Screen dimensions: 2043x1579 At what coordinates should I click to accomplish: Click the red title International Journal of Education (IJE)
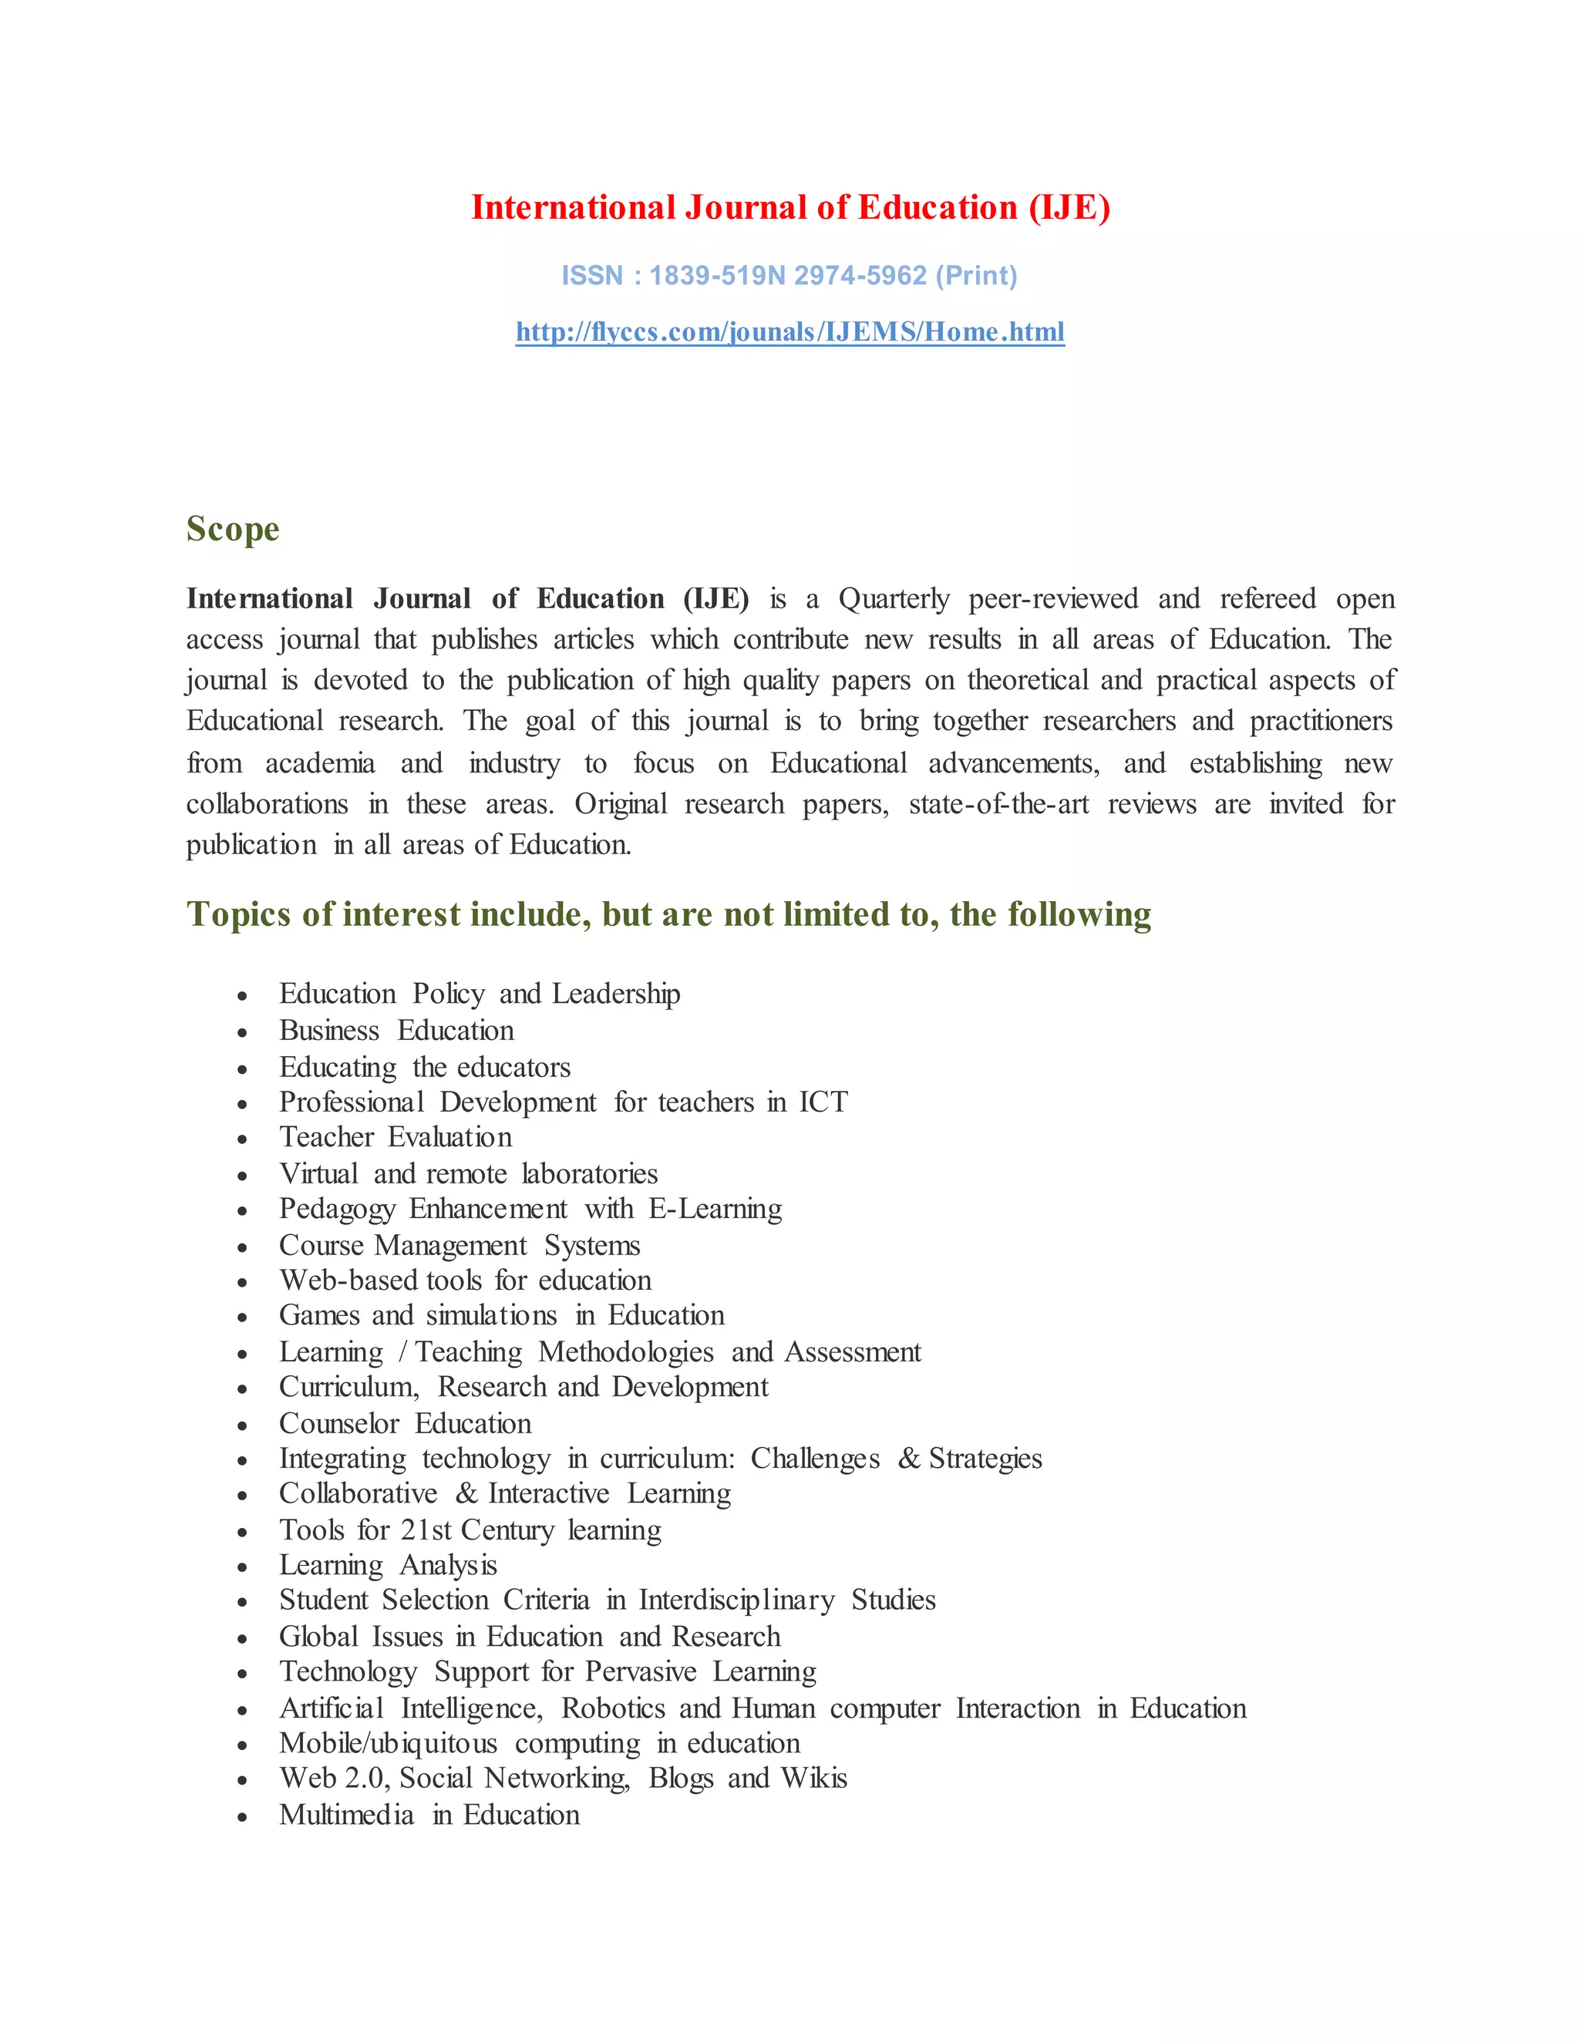coord(789,207)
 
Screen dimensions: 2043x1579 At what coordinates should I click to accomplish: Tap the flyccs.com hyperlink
coord(789,332)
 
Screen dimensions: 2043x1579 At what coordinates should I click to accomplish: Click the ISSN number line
coord(789,276)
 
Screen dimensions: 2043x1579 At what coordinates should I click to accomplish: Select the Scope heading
coord(232,529)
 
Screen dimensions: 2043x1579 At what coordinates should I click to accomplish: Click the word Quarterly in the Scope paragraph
coord(894,599)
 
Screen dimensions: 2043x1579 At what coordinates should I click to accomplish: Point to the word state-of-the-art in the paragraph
coord(998,804)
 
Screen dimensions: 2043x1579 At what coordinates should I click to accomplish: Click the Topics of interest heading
coord(668,914)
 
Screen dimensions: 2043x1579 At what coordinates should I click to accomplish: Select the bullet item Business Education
coord(396,1031)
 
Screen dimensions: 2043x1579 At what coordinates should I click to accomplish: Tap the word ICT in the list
coord(822,1102)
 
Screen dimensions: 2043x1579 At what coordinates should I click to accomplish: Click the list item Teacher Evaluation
coord(396,1137)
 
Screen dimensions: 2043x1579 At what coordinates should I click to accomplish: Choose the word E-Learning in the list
coord(715,1209)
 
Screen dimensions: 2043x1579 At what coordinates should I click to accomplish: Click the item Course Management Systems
coord(460,1246)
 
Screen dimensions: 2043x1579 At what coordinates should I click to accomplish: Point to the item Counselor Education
coord(405,1424)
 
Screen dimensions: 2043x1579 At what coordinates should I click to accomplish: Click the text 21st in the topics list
coord(426,1530)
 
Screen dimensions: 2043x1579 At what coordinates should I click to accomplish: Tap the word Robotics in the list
coord(613,1708)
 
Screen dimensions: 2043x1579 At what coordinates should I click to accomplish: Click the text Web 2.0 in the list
coord(333,1779)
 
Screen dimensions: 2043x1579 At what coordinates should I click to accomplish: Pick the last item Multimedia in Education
coord(429,1815)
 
